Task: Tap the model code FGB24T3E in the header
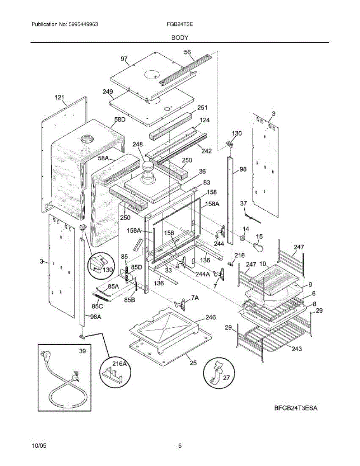pyautogui.click(x=180, y=24)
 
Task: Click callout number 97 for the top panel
pyautogui.click(x=124, y=59)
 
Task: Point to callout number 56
pyautogui.click(x=187, y=52)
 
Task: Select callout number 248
pyautogui.click(x=138, y=144)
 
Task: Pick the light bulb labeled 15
pyautogui.click(x=257, y=246)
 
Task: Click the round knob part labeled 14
pyautogui.click(x=243, y=238)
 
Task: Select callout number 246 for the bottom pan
pyautogui.click(x=210, y=317)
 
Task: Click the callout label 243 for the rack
pyautogui.click(x=296, y=349)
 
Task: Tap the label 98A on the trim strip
pyautogui.click(x=96, y=317)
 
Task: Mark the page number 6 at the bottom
pyautogui.click(x=180, y=446)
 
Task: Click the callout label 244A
pyautogui.click(x=202, y=274)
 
